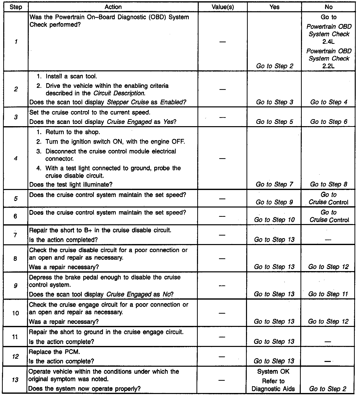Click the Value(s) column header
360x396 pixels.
(222, 7)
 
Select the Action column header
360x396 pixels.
(113, 7)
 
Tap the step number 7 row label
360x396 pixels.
(15, 235)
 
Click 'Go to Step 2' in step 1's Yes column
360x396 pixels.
(274, 66)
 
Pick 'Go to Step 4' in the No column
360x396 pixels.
(328, 102)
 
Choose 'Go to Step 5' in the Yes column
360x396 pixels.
(274, 122)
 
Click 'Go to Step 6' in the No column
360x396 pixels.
(328, 122)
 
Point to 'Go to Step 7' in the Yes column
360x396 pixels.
(274, 184)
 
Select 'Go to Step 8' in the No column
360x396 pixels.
(328, 184)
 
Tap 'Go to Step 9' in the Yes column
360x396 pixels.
(274, 202)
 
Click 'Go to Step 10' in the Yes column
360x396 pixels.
(274, 220)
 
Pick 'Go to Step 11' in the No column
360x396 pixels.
(328, 294)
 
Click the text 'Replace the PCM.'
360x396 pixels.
(54, 352)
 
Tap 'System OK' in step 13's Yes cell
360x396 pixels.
(273, 372)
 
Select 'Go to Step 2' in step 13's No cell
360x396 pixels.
(328, 389)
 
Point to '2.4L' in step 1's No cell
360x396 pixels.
(328, 42)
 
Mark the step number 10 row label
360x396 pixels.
(15, 313)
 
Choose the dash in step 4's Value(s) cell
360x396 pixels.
(222, 158)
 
